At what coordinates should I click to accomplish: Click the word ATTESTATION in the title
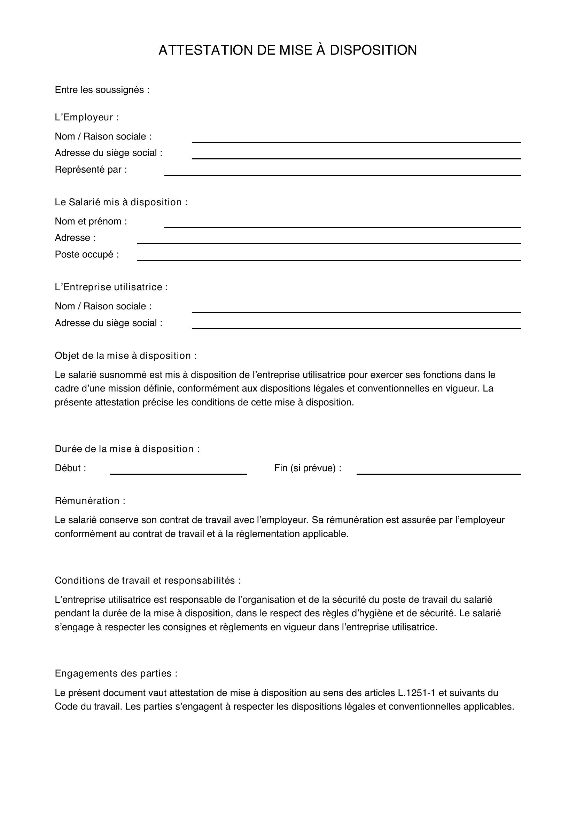click(x=206, y=50)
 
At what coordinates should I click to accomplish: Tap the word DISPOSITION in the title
click(x=373, y=50)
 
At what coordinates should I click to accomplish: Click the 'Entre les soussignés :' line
click(x=102, y=90)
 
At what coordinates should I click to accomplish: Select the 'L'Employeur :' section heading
click(x=87, y=117)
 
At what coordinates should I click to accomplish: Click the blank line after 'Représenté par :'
click(x=342, y=173)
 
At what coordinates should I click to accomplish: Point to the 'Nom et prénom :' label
click(x=91, y=222)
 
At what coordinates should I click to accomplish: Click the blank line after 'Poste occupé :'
click(x=329, y=258)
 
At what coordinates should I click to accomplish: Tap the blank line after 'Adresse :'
click(x=329, y=241)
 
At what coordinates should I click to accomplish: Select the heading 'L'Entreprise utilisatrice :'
click(x=111, y=287)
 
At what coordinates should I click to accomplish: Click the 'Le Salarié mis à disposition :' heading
click(x=121, y=203)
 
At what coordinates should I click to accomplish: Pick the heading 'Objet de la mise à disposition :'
click(x=126, y=356)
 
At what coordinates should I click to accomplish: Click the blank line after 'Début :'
click(x=178, y=471)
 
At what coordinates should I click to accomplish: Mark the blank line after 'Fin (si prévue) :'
click(x=438, y=471)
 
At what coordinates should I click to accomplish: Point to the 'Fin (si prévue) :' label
click(x=308, y=468)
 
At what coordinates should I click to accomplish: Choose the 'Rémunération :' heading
click(x=90, y=501)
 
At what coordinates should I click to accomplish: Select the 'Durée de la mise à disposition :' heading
click(x=127, y=449)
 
